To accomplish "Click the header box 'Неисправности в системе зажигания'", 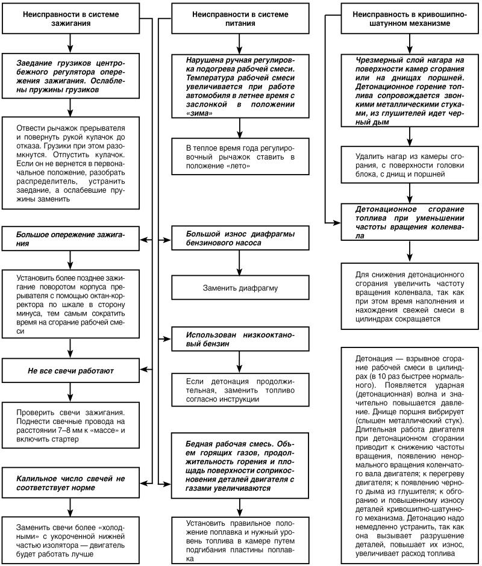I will (70, 17).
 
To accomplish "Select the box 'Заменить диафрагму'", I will (240, 288).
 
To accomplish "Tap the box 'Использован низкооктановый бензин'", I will (240, 339).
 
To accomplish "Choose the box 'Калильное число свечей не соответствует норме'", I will (70, 482).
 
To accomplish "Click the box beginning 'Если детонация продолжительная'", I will (240, 390).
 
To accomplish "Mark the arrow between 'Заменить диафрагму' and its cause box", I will (240, 264).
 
